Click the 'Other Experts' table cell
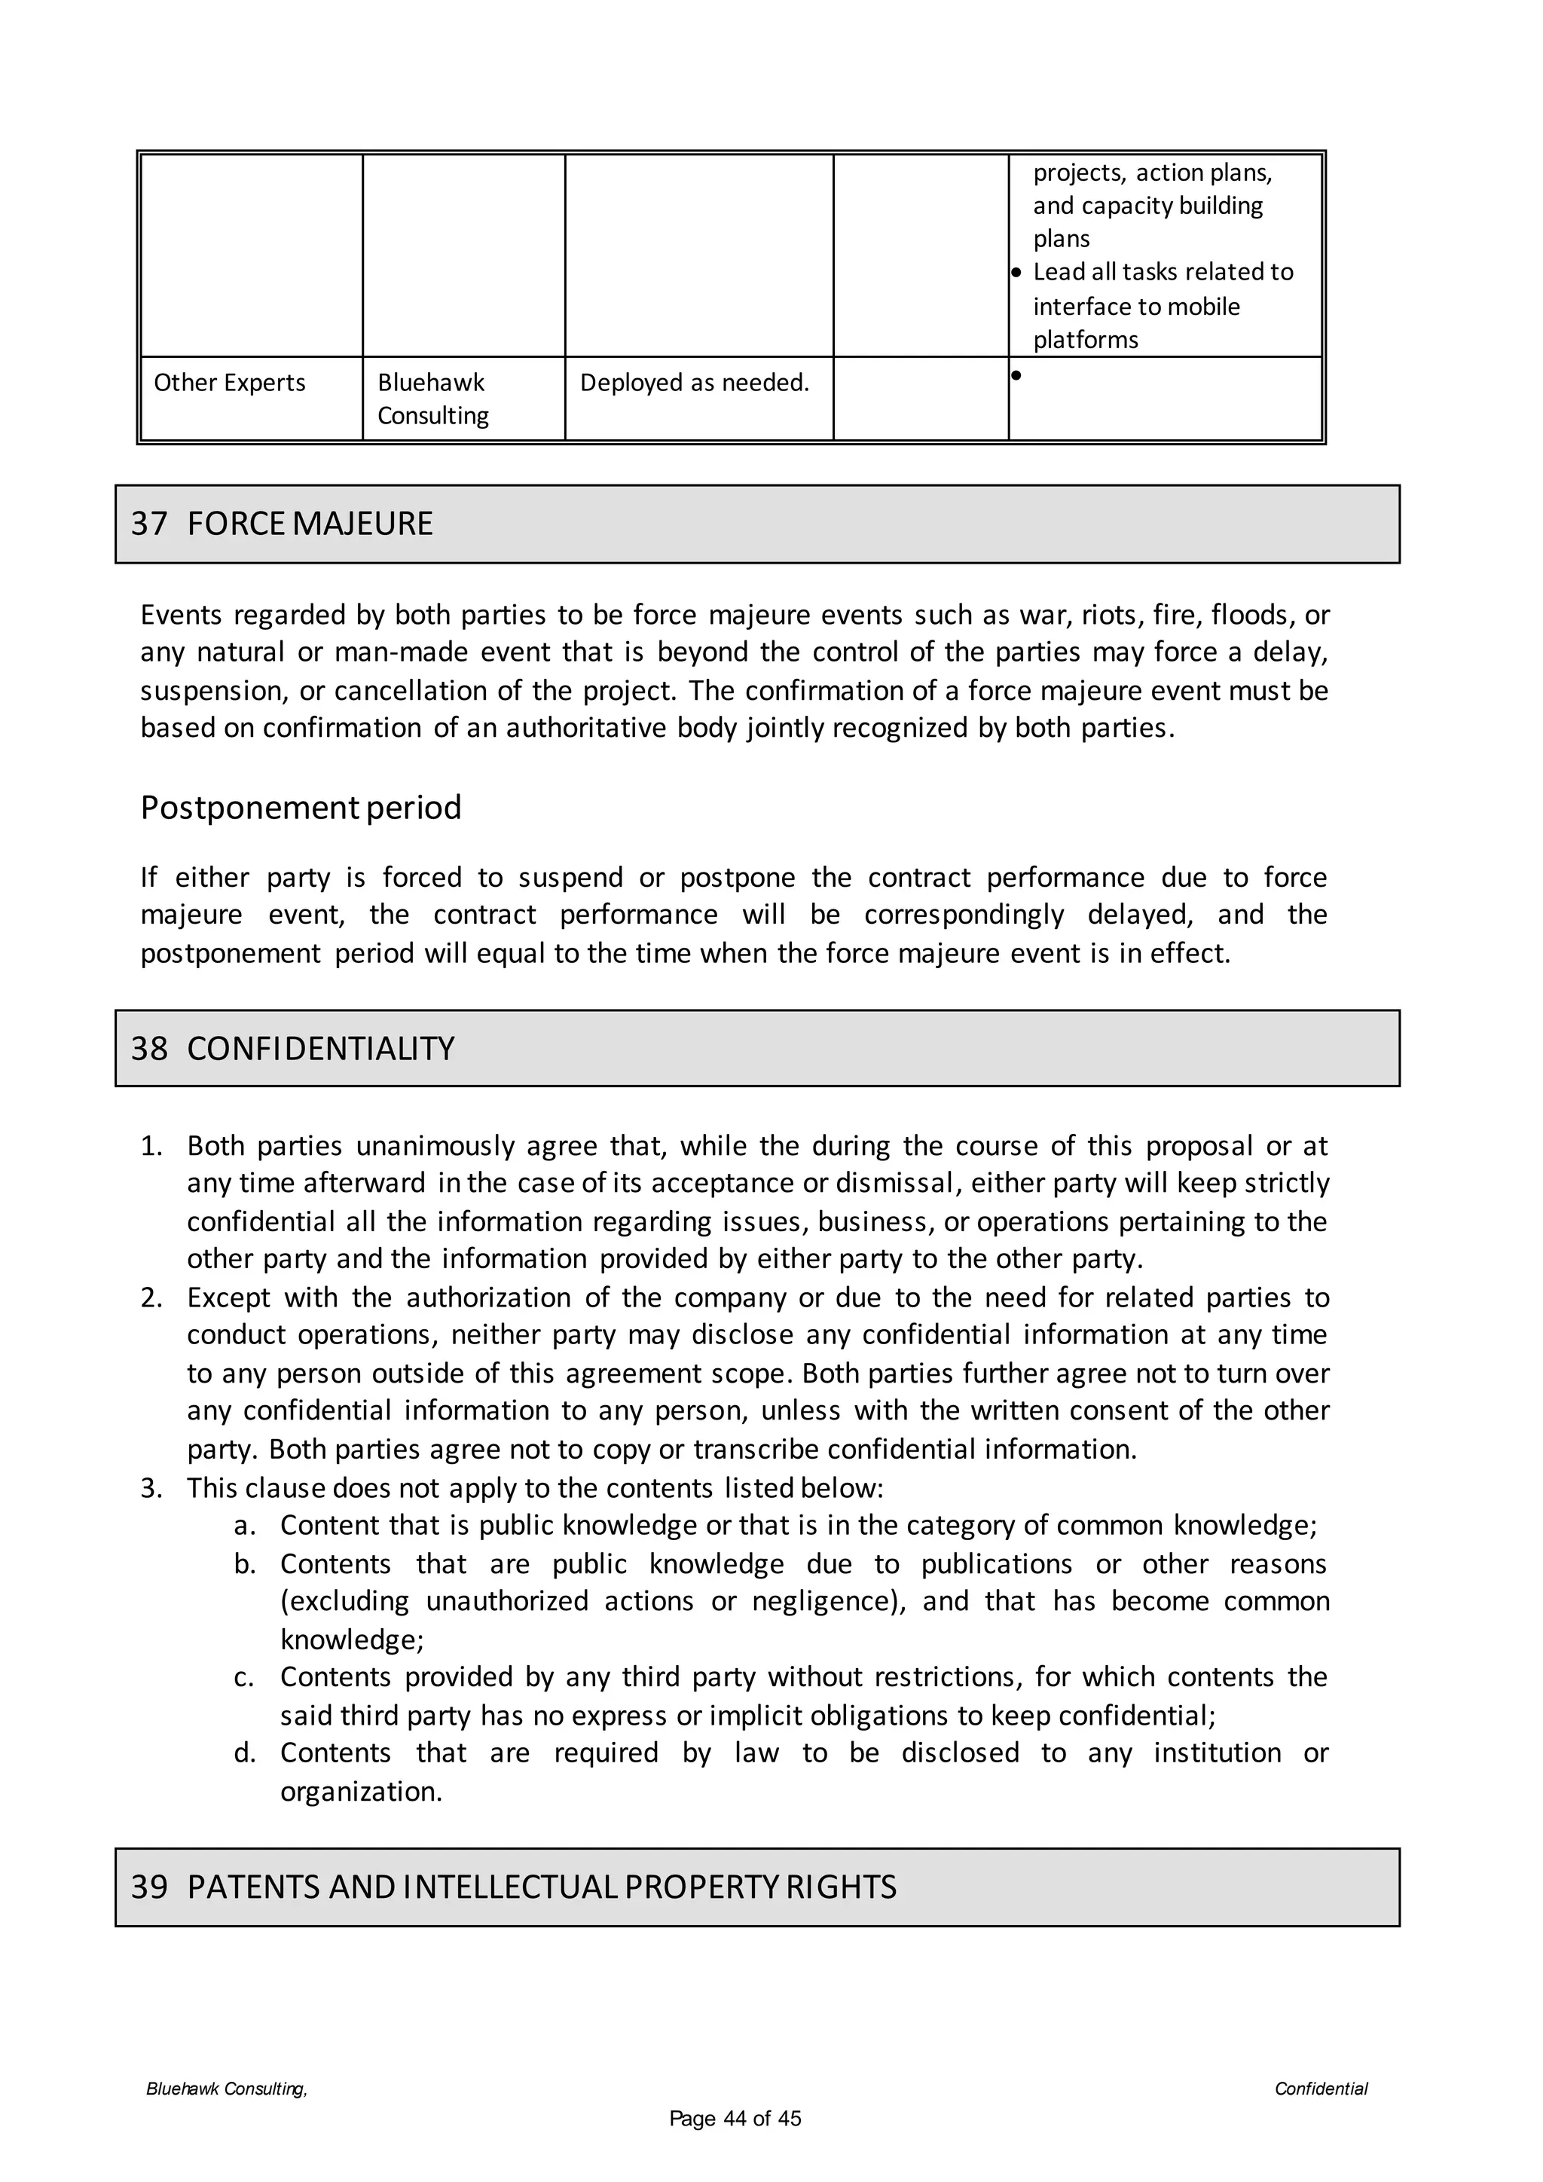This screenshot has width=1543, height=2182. point(229,383)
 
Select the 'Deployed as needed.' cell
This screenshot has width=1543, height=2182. point(695,383)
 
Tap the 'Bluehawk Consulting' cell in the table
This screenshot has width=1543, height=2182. point(432,399)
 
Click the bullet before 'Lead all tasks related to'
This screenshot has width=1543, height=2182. point(1016,273)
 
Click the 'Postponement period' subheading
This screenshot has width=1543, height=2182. point(301,808)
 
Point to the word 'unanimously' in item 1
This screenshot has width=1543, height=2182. point(434,1146)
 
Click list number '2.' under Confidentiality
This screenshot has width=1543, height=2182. point(152,1298)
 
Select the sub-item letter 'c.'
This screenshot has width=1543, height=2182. point(244,1677)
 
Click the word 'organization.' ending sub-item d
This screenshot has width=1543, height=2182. point(361,1792)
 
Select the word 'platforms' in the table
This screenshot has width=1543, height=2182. point(1085,341)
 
